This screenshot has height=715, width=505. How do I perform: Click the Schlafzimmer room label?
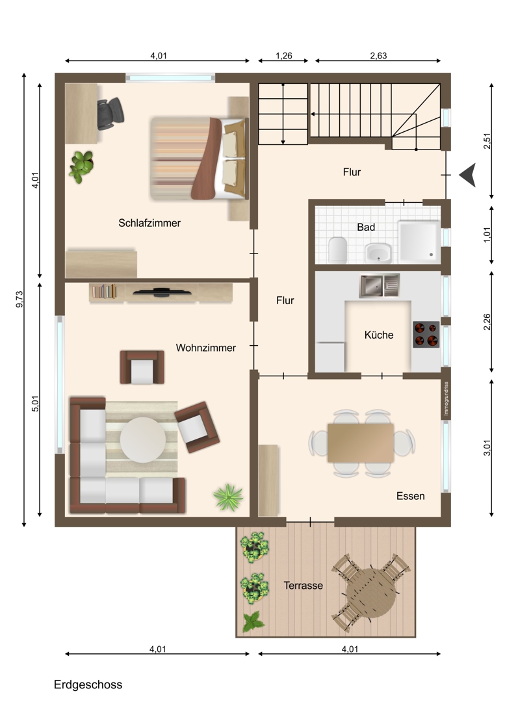tap(149, 223)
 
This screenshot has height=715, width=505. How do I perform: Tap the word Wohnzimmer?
tap(206, 348)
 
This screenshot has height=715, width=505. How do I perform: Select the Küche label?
tap(379, 335)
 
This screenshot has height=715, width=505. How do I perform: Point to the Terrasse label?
tap(303, 586)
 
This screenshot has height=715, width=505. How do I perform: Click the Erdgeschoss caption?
tap(88, 685)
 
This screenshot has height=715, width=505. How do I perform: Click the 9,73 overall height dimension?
tap(19, 299)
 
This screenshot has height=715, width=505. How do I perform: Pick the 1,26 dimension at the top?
tap(283, 56)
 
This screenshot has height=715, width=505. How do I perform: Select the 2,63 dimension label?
tap(378, 56)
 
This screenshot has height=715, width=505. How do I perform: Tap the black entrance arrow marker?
tap(467, 175)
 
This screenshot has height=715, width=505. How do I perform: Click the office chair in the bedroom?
tap(110, 114)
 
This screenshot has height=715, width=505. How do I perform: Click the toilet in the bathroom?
tap(338, 250)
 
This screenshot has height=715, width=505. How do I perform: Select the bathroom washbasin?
tap(378, 253)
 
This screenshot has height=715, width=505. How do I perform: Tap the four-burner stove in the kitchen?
tap(426, 334)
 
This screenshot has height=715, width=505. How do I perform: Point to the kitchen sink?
tap(379, 285)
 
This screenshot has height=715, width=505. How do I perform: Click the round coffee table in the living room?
tap(142, 439)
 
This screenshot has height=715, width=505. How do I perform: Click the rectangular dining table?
tap(361, 443)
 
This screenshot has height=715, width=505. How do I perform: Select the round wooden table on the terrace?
tap(371, 593)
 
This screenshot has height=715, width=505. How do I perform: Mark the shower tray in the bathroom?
tap(419, 242)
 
